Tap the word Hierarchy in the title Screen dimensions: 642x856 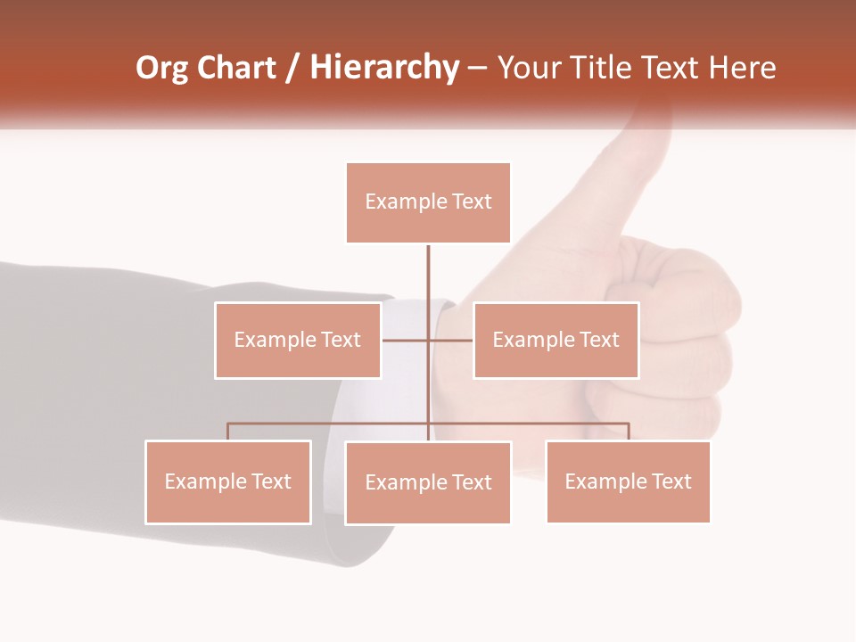tap(384, 68)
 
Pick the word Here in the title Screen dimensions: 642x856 tap(742, 68)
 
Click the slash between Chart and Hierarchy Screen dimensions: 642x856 tap(292, 69)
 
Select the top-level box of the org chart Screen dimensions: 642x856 tap(428, 202)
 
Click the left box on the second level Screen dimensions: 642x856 tap(298, 340)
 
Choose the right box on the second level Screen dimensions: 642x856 tap(556, 340)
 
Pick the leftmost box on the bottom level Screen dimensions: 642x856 tap(228, 481)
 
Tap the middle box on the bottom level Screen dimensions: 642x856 tap(428, 482)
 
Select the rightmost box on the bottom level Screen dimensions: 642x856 tap(628, 481)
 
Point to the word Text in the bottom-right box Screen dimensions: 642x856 tap(671, 481)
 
